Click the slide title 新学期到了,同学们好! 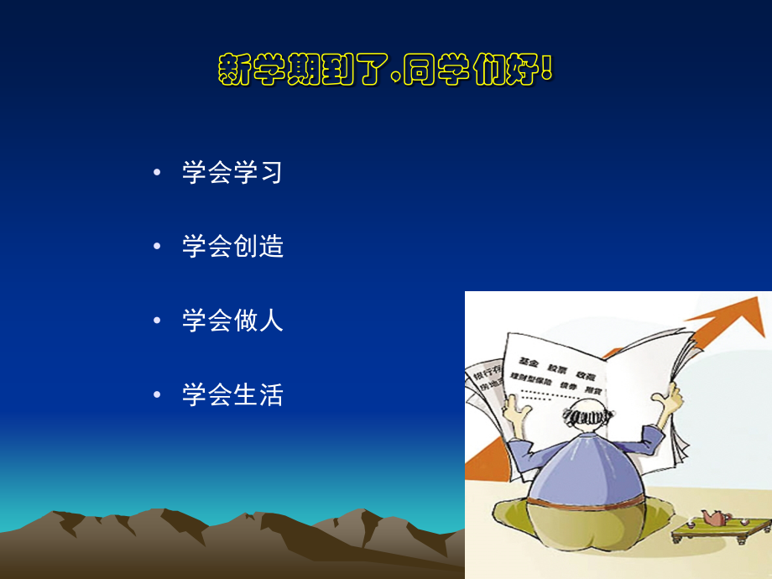pos(385,70)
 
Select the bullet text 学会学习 pos(232,173)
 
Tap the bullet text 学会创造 pos(232,247)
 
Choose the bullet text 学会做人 pos(232,321)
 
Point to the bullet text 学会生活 pos(232,394)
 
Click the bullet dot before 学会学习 pos(157,174)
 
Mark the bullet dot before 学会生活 pos(157,395)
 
